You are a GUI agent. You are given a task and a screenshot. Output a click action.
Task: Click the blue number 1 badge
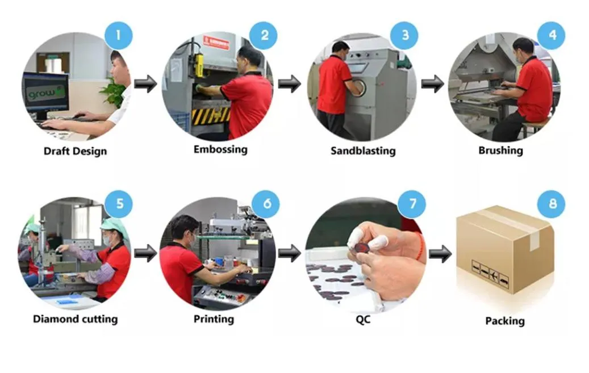pos(118,35)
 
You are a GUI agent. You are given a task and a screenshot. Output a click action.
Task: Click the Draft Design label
pos(75,152)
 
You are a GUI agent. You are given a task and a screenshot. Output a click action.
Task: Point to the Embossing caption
pos(220,150)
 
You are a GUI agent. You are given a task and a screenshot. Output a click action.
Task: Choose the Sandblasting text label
pos(363,151)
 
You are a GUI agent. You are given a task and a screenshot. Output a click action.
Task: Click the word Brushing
pos(500,151)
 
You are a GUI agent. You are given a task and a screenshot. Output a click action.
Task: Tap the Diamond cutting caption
pos(75,319)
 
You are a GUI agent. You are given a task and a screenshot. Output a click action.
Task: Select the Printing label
pos(214,319)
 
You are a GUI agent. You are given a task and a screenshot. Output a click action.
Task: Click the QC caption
pos(363,320)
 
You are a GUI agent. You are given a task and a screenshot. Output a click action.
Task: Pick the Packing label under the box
pos(504,321)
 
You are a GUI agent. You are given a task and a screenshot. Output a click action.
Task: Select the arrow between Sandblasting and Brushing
pos(433,85)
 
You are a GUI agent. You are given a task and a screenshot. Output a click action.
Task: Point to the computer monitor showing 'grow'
pos(45,93)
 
